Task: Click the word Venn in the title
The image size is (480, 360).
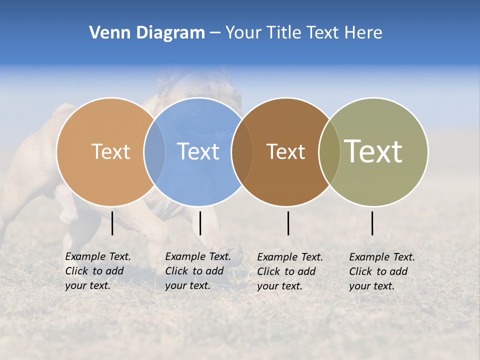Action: point(106,33)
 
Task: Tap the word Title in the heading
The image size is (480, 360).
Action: point(282,33)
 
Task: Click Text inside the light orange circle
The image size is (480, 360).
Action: point(110,151)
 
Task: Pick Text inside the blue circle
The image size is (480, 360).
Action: point(198,151)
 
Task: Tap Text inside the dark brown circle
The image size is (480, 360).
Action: point(285,151)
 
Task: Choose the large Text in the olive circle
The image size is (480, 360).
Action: point(373,151)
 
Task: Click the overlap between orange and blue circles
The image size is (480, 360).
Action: point(154,151)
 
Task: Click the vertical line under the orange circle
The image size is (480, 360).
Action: point(112,223)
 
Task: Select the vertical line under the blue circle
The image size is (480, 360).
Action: point(200,223)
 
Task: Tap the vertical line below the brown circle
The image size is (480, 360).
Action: point(288,223)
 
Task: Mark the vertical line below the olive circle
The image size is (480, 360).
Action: point(372,223)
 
